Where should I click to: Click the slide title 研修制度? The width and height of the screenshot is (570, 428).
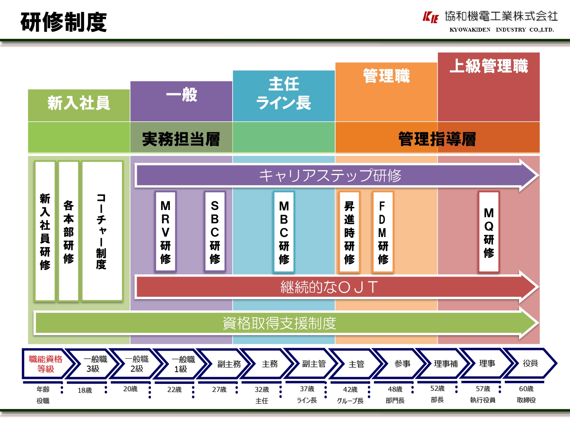click(x=63, y=22)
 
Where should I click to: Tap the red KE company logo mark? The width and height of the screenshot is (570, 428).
click(x=431, y=17)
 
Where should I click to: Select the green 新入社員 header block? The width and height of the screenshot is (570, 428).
click(x=79, y=103)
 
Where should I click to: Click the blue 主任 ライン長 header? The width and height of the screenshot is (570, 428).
click(x=283, y=94)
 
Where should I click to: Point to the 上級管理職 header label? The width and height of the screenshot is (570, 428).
click(x=489, y=66)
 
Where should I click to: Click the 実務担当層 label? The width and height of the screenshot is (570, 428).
click(x=181, y=139)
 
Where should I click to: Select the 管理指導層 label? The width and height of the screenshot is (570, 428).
click(x=437, y=139)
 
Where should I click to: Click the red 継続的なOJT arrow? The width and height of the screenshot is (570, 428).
click(x=329, y=287)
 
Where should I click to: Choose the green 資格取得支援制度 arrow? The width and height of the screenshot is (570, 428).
click(x=279, y=323)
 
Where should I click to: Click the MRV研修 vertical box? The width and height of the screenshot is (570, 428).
click(x=165, y=232)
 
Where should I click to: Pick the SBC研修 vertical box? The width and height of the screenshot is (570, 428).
click(x=215, y=232)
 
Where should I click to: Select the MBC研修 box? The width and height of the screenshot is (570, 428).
click(x=284, y=232)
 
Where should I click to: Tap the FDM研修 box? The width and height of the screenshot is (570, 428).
click(x=383, y=232)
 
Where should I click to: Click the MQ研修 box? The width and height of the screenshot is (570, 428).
click(x=489, y=232)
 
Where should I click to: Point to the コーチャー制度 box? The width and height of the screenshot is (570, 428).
click(x=101, y=231)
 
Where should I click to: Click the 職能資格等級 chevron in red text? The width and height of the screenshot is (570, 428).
click(x=46, y=364)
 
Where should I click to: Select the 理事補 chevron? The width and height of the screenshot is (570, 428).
click(x=445, y=364)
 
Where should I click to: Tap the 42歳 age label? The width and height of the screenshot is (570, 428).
click(x=350, y=390)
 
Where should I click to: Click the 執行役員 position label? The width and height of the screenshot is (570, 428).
click(x=483, y=400)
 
